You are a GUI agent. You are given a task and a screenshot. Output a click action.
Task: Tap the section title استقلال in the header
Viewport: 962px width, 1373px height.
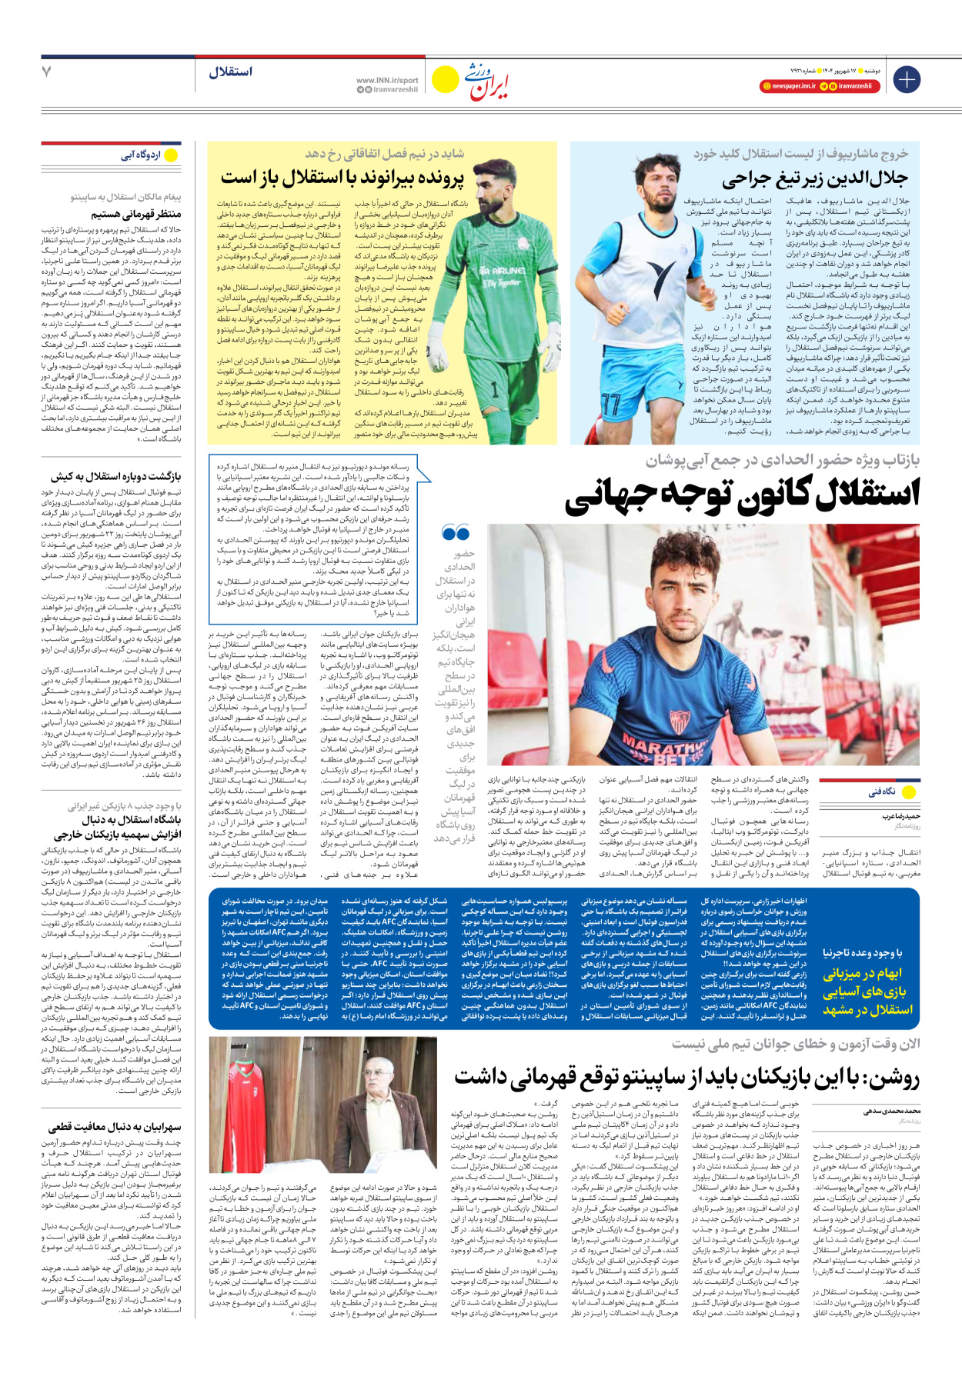pyautogui.click(x=230, y=72)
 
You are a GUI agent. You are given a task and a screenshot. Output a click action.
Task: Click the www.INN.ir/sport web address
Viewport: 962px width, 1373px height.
pyautogui.click(x=387, y=80)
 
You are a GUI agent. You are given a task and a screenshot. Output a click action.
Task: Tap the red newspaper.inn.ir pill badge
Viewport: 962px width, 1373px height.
pyautogui.click(x=789, y=86)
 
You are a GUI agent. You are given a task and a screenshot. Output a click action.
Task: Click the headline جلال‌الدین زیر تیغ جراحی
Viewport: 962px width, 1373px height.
pyautogui.click(x=815, y=179)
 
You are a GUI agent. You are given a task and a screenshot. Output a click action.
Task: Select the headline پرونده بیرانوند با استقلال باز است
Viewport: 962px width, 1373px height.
pyautogui.click(x=342, y=178)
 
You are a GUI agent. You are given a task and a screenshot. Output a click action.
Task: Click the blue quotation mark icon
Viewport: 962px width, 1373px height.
pyautogui.click(x=456, y=532)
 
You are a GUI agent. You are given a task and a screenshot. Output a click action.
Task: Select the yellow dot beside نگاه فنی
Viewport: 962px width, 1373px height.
pyautogui.click(x=908, y=792)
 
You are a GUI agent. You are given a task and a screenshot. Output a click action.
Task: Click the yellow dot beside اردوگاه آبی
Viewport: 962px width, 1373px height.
pyautogui.click(x=171, y=155)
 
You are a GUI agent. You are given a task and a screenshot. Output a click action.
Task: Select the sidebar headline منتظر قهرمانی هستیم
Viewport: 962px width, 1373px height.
pyautogui.click(x=136, y=214)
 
